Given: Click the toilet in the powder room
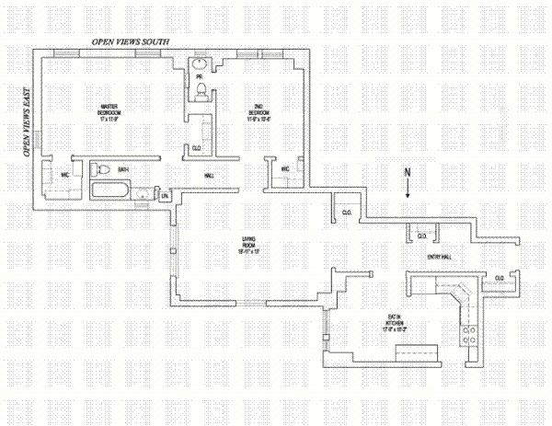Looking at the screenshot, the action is click(x=201, y=88).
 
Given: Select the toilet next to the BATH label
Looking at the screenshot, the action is click(x=103, y=169).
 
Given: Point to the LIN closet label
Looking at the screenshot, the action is click(x=165, y=195).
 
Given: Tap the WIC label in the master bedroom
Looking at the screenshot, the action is click(x=65, y=174).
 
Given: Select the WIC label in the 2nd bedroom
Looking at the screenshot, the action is click(x=285, y=168).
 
